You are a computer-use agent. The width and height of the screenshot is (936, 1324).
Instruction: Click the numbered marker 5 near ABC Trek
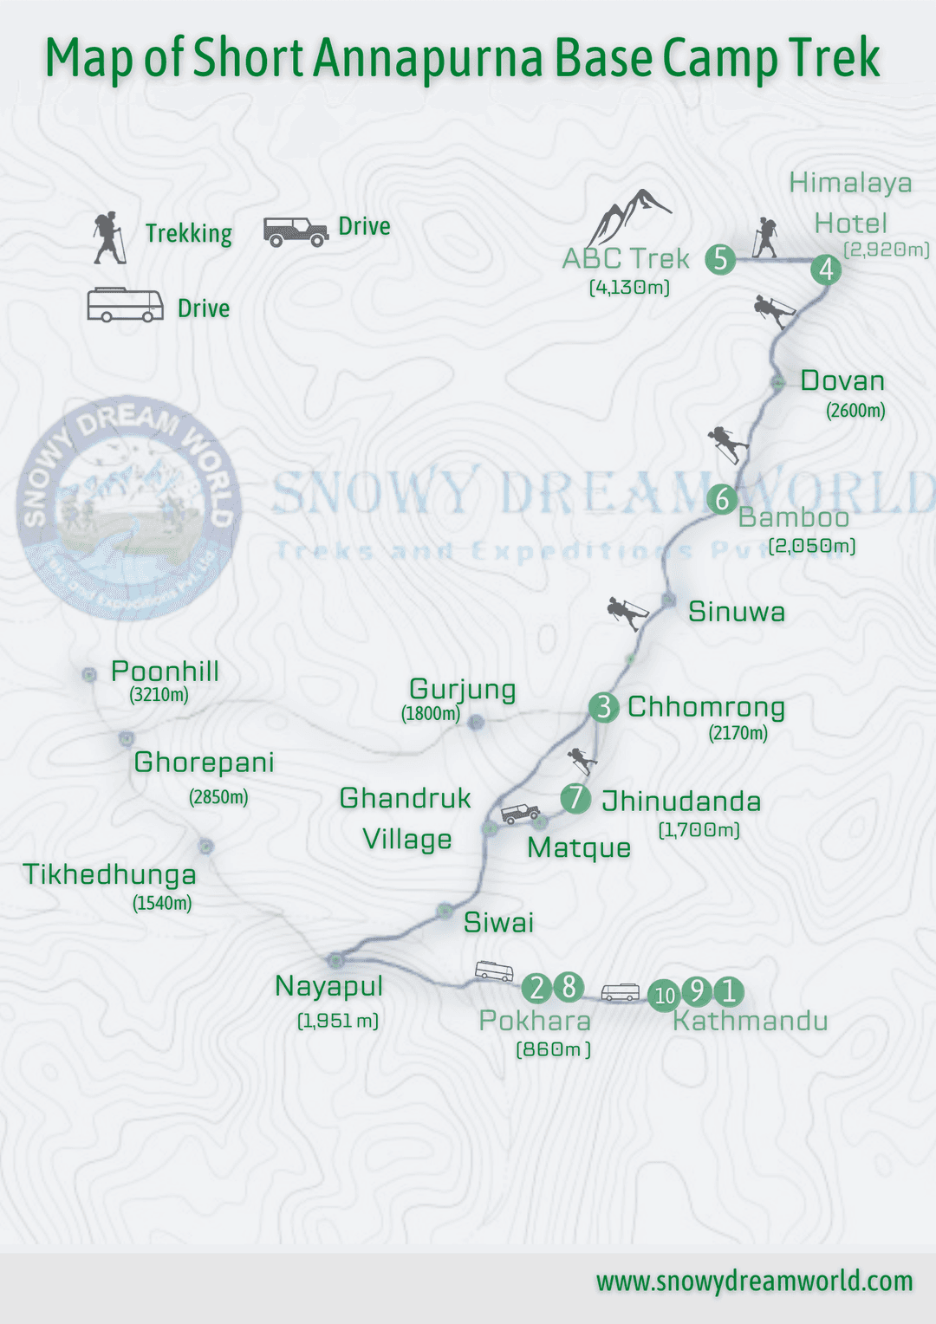click(x=720, y=259)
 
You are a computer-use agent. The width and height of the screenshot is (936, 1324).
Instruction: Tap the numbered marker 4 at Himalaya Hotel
click(x=826, y=269)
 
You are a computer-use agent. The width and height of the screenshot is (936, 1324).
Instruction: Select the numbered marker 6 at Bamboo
click(x=722, y=500)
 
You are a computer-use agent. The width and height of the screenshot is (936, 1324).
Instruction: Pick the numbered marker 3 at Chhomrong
click(x=604, y=707)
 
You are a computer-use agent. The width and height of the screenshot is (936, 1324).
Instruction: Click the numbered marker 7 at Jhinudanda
click(x=575, y=798)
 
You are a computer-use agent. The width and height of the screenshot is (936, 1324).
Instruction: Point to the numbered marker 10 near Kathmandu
click(x=665, y=995)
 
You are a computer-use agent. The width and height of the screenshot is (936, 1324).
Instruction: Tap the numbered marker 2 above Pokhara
click(x=537, y=987)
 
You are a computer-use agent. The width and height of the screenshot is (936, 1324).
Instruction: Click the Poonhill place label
click(x=165, y=672)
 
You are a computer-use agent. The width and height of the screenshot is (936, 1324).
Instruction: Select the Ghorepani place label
click(x=204, y=763)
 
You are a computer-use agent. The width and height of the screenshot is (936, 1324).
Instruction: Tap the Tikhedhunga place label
click(x=109, y=874)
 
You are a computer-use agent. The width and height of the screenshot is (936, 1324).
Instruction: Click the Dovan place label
click(x=842, y=381)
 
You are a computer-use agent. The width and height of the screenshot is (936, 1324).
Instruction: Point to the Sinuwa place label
click(x=737, y=612)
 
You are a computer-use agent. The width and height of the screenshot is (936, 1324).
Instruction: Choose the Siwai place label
click(x=498, y=922)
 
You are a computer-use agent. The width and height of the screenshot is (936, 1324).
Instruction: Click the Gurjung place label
click(x=462, y=690)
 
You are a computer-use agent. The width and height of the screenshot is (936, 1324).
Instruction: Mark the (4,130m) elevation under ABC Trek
click(x=629, y=287)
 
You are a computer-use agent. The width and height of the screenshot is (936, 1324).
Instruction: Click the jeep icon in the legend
click(x=296, y=231)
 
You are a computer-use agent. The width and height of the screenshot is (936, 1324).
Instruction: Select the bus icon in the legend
click(x=125, y=305)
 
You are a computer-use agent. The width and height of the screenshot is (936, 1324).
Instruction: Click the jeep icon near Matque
click(x=521, y=814)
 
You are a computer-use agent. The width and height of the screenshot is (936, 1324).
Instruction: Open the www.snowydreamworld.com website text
click(x=754, y=1281)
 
